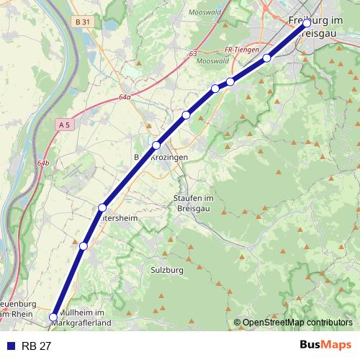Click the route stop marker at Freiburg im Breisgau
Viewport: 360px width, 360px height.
point(307,23)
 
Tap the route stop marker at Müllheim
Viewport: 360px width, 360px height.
point(53,316)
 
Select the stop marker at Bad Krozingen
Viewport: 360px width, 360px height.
point(156,145)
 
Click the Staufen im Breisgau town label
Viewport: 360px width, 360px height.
point(195,202)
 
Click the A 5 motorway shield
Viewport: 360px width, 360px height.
point(65,125)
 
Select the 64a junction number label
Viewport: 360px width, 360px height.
point(125,97)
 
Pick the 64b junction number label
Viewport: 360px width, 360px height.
point(44,163)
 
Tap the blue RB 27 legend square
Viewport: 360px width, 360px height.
point(10,346)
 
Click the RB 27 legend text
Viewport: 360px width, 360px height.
point(37,346)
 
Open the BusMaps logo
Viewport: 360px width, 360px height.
point(325,346)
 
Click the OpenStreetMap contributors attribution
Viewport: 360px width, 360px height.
point(297,323)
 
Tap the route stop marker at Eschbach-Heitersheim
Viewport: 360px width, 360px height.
point(102,208)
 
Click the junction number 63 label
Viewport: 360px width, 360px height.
point(193,53)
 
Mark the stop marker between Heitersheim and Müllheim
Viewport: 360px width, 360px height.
point(84,246)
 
